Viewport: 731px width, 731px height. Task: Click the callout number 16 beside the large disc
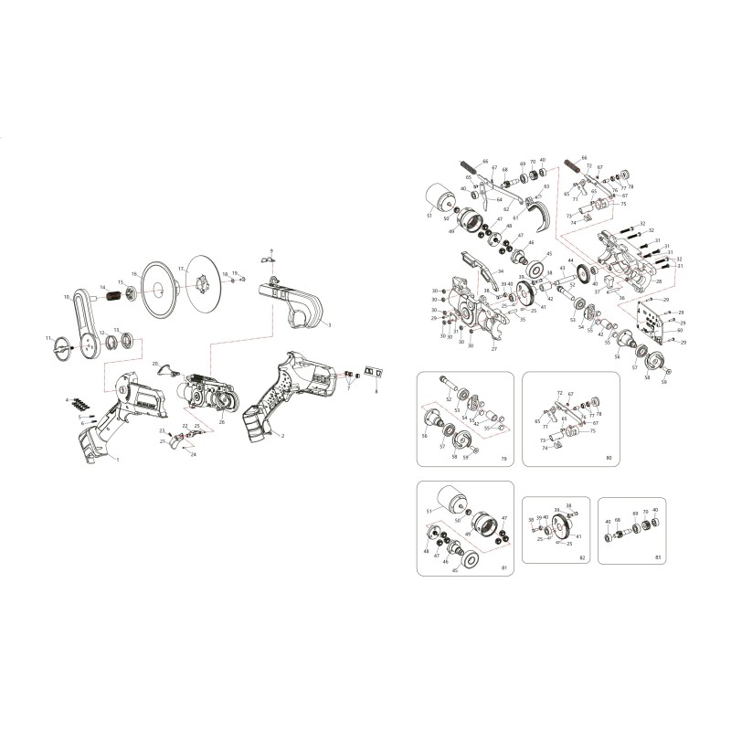coord(133,274)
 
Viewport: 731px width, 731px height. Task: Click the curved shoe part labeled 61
coord(539,216)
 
